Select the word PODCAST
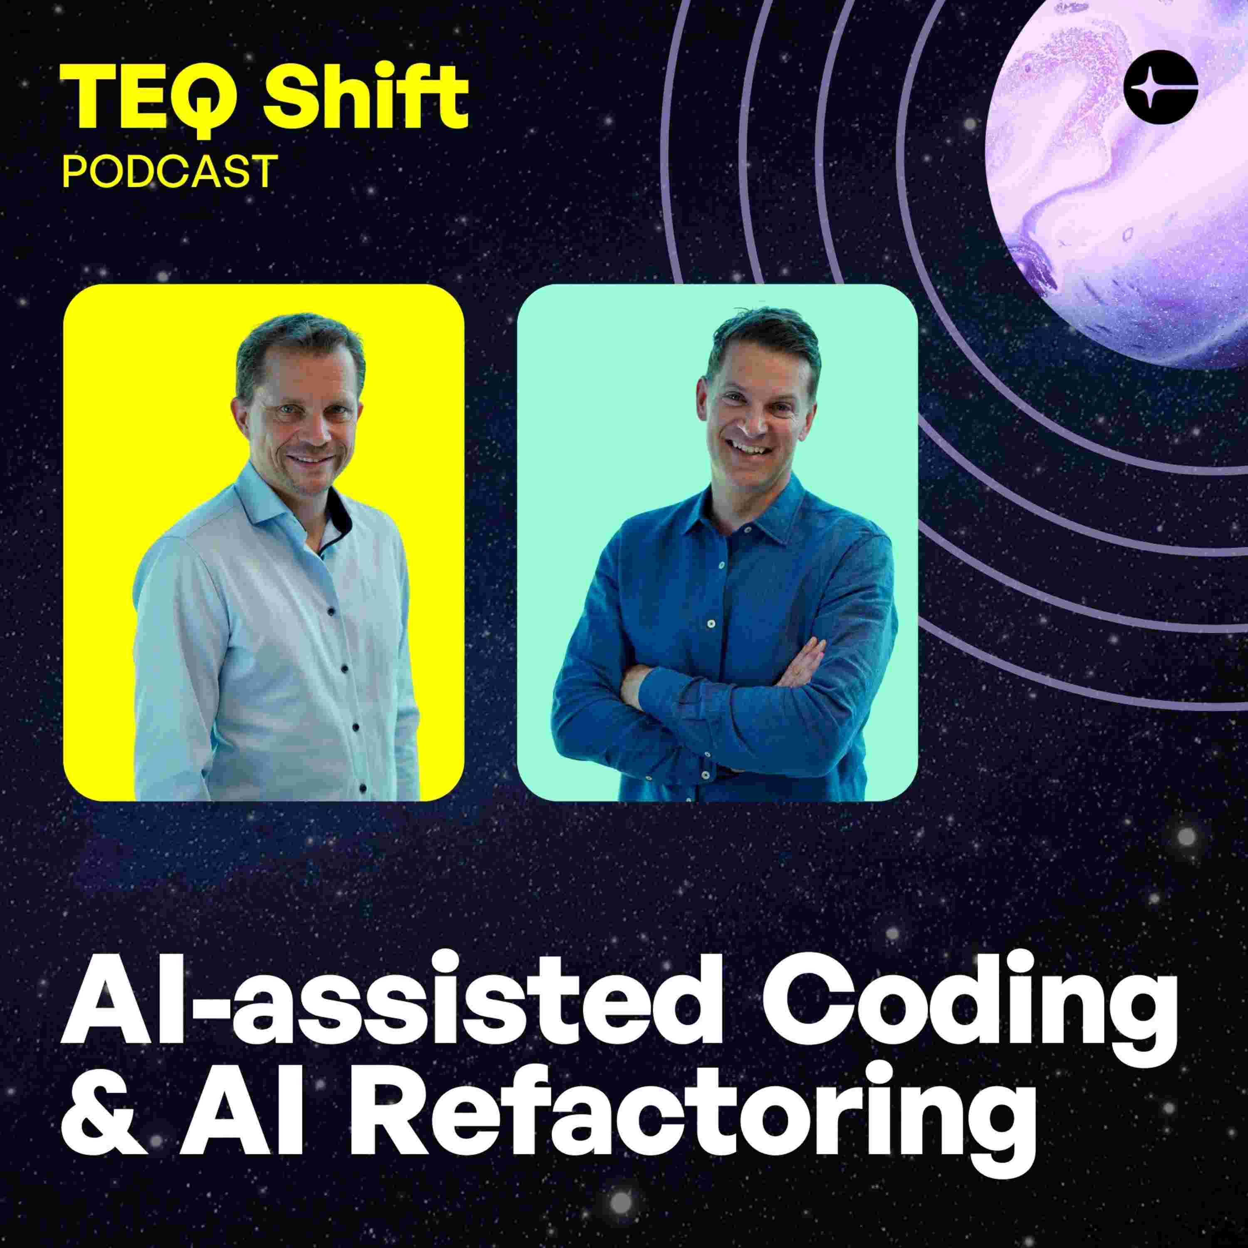167,171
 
